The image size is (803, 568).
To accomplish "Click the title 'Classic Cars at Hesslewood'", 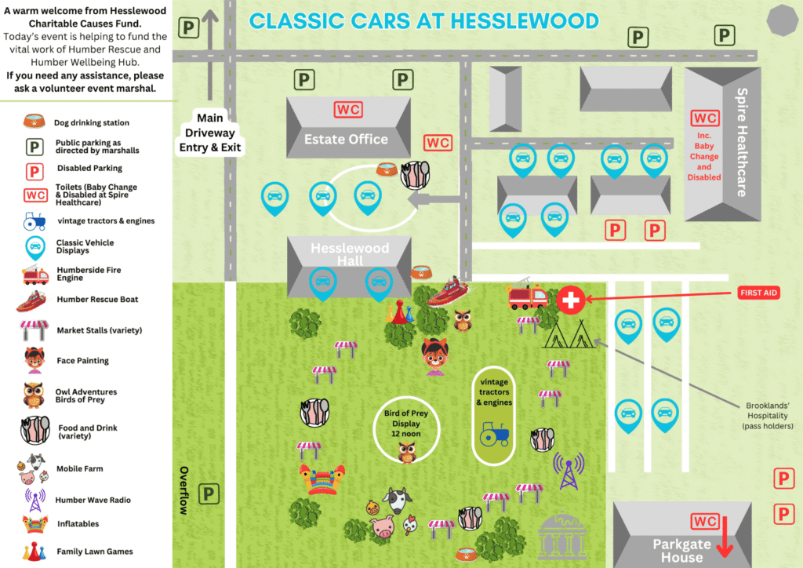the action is point(423,21).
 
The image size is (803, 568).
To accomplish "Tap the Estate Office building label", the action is point(346,140).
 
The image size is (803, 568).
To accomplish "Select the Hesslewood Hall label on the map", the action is point(350,254).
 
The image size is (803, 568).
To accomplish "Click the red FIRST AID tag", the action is point(758,293).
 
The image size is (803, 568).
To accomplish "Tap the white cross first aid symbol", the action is point(571,300).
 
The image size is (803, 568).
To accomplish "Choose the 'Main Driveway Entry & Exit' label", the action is point(210,133).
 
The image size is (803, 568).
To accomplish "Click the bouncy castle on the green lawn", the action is point(322,479).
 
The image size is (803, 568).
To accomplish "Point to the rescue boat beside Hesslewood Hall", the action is point(448,291).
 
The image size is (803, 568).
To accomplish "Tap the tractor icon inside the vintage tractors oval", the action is point(495,435).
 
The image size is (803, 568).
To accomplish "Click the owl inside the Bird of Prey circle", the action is point(407,453).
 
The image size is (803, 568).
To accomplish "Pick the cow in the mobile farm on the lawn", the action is point(398,501).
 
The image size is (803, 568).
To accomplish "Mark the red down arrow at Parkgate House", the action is point(725,537).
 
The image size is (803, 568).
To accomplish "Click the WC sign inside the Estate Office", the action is point(348,110).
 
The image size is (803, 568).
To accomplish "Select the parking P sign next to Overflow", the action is point(209,494).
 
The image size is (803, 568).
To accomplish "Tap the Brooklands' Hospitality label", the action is point(768,416).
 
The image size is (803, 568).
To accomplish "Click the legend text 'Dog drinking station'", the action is point(92,123).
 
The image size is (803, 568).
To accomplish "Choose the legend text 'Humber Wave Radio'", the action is point(93,500).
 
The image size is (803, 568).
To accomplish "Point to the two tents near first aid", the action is point(570,334).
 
